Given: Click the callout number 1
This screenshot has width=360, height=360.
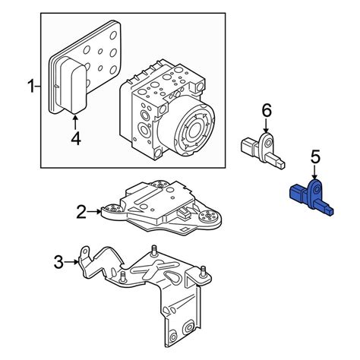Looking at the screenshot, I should [x=31, y=88].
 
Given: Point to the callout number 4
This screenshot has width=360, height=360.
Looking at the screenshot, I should [x=75, y=138].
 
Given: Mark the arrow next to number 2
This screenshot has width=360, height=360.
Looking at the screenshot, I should [x=95, y=211].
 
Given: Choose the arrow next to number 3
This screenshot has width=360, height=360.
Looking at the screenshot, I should [x=74, y=262].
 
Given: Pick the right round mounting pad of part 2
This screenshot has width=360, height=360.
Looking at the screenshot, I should [x=207, y=219].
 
